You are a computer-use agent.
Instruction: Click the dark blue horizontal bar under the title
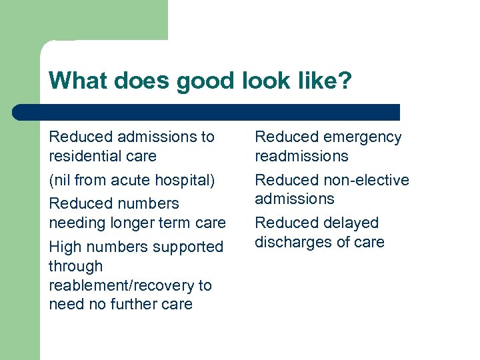207,112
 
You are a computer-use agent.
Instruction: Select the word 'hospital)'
185,180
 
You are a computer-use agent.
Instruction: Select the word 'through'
75,266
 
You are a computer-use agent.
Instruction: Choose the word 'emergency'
364,137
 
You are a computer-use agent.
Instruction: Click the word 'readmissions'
301,156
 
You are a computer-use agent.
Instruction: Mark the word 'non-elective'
368,180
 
